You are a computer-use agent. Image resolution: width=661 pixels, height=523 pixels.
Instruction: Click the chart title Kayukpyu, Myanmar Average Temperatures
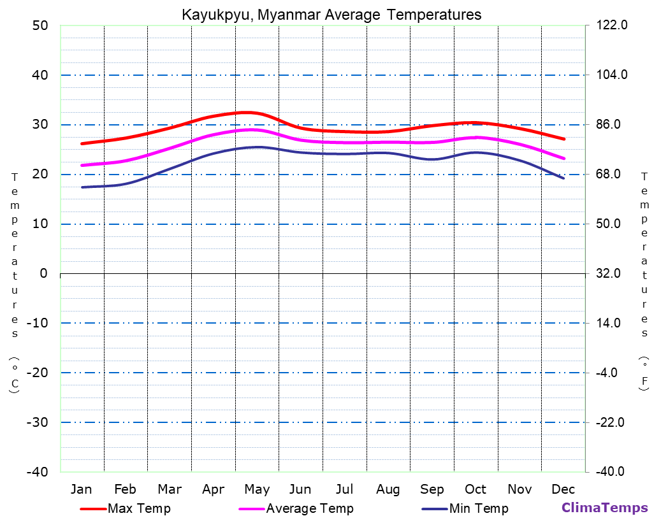coord(331,14)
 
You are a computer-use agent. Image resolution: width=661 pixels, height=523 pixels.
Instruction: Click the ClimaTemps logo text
coord(604,508)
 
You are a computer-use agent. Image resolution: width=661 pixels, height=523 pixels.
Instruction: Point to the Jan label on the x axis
coord(81,489)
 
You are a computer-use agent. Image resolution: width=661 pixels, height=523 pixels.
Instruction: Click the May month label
coord(257,489)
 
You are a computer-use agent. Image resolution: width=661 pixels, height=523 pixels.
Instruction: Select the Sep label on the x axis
coord(432,489)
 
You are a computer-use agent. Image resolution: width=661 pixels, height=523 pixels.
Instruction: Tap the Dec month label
coord(563,489)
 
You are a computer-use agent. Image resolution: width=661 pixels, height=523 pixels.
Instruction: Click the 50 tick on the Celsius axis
coord(40,25)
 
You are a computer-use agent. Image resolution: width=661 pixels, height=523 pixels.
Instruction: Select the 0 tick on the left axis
coord(43,273)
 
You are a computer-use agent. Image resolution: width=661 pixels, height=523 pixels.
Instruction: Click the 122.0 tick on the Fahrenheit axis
coord(612,25)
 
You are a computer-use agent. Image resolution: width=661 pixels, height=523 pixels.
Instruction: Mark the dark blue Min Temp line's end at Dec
coord(563,178)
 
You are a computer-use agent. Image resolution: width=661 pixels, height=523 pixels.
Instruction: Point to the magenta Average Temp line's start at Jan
coord(82,165)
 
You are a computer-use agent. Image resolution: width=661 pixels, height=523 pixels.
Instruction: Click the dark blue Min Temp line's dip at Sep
coord(433,159)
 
